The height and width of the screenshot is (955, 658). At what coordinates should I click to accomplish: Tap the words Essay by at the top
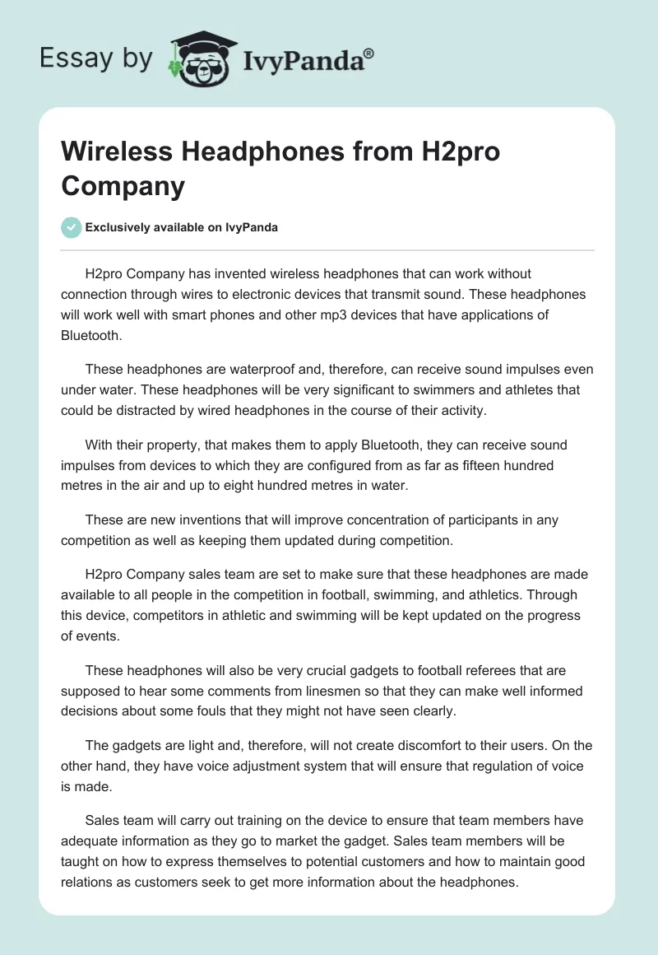click(96, 58)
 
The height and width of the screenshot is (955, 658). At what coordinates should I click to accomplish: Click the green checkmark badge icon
click(72, 227)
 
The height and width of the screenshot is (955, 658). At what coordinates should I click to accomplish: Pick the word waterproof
click(238, 368)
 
